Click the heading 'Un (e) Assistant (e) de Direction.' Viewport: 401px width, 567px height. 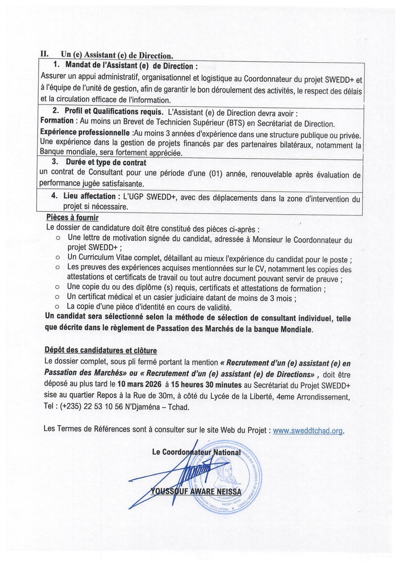[117, 55]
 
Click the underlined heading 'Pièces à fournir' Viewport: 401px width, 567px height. [72, 217]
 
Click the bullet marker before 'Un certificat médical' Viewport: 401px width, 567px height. [58, 298]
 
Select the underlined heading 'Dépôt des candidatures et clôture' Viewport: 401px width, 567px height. [100, 350]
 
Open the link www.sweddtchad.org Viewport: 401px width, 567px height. [308, 430]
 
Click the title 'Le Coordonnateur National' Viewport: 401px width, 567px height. [197, 452]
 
